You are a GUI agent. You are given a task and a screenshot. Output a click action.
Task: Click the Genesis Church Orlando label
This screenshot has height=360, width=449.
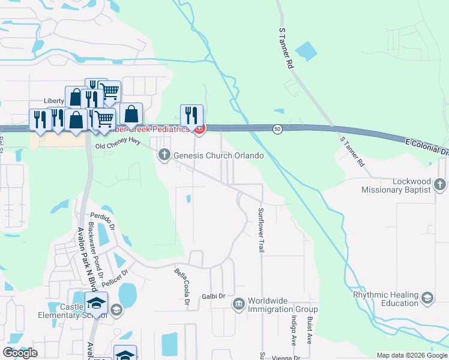(218, 156)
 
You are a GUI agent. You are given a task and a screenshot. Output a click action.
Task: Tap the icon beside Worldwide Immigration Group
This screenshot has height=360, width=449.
(239, 305)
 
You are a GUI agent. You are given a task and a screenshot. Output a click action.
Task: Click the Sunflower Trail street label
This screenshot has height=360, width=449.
(261, 230)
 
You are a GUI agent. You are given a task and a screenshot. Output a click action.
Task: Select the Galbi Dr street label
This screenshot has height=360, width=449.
(213, 296)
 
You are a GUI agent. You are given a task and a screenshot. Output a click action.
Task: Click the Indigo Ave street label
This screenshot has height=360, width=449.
(294, 331)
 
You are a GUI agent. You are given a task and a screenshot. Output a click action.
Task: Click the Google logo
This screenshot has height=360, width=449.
(20, 353)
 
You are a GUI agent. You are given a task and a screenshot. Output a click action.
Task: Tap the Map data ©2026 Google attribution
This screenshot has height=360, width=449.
(412, 355)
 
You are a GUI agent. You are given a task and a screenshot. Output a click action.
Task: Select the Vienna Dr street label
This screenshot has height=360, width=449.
(285, 358)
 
